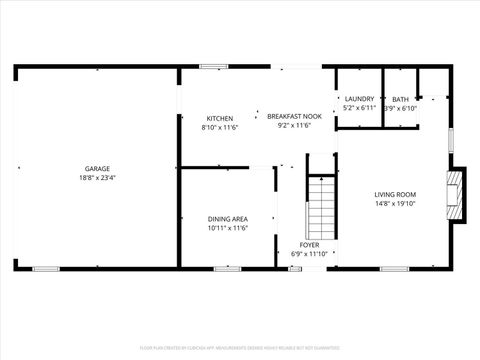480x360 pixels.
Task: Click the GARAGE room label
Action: tap(97, 169)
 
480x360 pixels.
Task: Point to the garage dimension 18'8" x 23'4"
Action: tap(97, 178)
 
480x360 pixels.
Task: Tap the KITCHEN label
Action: tap(220, 118)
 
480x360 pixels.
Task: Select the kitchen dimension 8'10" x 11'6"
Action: tap(220, 127)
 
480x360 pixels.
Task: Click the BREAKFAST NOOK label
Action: tap(294, 117)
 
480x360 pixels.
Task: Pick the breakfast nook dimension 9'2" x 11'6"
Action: tap(294, 126)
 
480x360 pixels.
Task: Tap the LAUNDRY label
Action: tap(359, 98)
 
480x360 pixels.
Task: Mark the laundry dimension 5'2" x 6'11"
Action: tap(359, 107)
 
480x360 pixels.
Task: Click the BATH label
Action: tap(400, 98)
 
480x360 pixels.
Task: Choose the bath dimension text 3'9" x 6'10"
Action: tap(400, 107)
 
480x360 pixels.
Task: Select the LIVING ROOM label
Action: tap(395, 194)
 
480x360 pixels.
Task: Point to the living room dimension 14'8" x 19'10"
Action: tap(395, 203)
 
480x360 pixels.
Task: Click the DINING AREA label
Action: tap(227, 219)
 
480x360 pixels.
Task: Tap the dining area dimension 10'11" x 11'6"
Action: tap(227, 228)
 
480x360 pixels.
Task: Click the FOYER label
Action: tap(310, 244)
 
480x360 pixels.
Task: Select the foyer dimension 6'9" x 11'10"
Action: tap(310, 253)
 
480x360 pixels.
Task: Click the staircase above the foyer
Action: tap(319, 204)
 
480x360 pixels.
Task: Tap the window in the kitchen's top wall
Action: tap(212, 67)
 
